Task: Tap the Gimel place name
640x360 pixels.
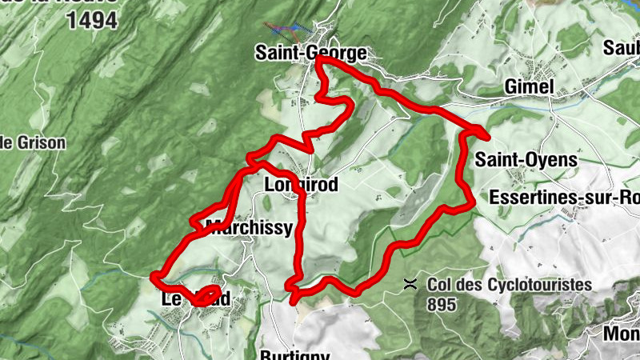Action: click(529, 86)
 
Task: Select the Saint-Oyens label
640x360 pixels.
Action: click(526, 160)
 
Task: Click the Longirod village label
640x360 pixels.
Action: click(301, 185)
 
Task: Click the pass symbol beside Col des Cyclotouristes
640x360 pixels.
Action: click(410, 284)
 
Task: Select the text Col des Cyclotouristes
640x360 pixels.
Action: click(509, 284)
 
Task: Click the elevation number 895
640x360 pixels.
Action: click(441, 304)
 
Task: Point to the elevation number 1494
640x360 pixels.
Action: click(92, 21)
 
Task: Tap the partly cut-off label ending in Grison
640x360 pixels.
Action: click(32, 143)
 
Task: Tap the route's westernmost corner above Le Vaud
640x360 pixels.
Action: click(153, 277)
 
